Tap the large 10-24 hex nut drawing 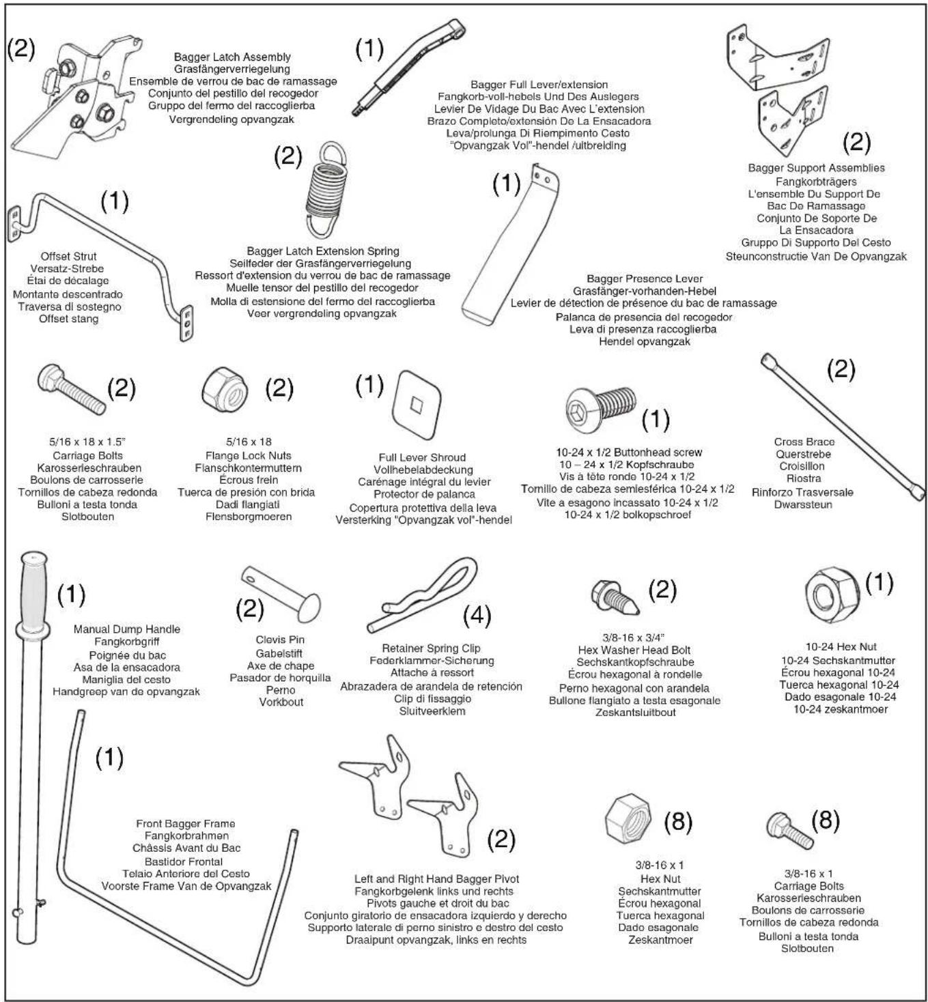(832, 595)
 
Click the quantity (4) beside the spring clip (477, 616)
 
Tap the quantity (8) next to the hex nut (678, 822)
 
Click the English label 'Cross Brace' (804, 442)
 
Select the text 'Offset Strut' (68, 256)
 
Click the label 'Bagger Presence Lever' (644, 278)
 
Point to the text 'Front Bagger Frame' (185, 824)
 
